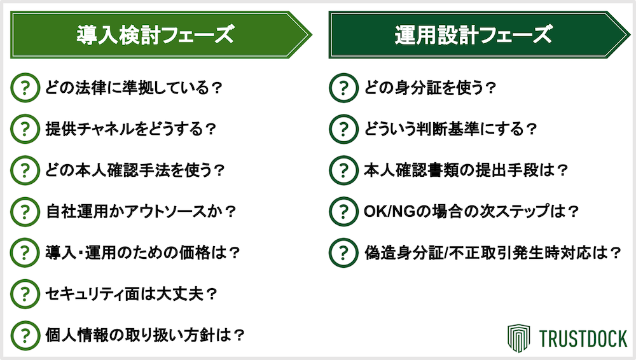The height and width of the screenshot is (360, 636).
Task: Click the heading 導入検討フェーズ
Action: pos(155,35)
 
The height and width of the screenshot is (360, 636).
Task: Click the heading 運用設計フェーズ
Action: pos(473,35)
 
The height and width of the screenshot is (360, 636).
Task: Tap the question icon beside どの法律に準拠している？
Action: pos(25,88)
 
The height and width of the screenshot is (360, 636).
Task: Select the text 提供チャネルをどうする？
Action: pos(130,129)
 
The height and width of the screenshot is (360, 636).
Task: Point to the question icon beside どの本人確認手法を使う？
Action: pos(25,170)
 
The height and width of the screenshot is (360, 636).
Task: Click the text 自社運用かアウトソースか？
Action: pos(141,211)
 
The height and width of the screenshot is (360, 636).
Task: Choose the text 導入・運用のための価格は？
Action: pos(142,253)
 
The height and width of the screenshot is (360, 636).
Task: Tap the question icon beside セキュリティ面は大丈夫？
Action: pos(25,294)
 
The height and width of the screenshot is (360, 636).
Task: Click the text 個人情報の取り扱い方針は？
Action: pos(145,335)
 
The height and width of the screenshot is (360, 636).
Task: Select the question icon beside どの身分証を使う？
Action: pos(343,88)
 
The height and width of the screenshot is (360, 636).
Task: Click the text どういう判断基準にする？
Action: pos(450,129)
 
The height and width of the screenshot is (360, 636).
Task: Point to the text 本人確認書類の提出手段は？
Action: pos(466,170)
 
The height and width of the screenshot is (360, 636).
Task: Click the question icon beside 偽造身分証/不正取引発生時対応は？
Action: pos(343,253)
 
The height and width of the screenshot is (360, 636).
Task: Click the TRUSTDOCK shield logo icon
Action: pos(519,338)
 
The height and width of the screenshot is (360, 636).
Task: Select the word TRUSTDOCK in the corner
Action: pos(583,339)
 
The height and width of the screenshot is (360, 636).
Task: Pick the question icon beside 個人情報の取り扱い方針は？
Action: pos(25,335)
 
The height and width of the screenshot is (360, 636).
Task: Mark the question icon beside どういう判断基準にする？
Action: pos(343,129)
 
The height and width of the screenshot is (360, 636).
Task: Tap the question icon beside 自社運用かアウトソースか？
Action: pos(25,211)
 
